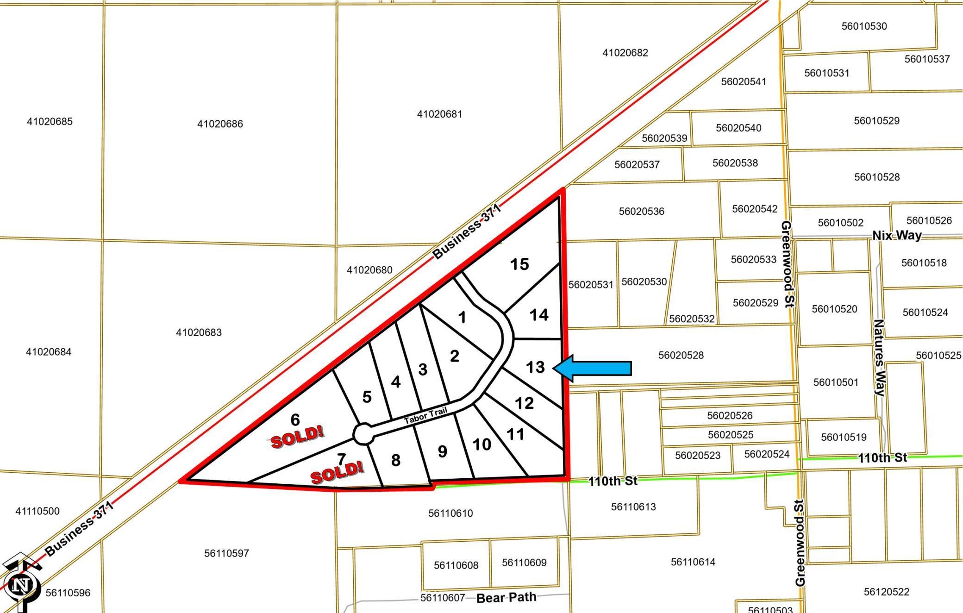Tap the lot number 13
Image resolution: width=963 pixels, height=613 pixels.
tap(535, 367)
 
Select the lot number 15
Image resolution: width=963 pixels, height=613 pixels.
tap(519, 264)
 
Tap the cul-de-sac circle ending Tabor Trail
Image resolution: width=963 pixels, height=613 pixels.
tap(363, 434)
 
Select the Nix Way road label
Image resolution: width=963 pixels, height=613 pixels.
tap(897, 235)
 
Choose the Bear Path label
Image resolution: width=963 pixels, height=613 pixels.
tap(506, 597)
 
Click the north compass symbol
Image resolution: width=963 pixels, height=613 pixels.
tap(20, 584)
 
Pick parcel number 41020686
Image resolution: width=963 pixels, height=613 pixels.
tap(220, 124)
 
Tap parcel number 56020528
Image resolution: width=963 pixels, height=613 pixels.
tap(681, 355)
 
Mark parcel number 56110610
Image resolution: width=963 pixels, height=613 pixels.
tap(450, 513)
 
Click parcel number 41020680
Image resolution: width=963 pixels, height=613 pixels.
tap(369, 270)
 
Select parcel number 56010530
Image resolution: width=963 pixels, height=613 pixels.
tap(864, 26)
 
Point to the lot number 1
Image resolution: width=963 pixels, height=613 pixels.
tap(462, 318)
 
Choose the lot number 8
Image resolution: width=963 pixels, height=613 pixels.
tap(395, 460)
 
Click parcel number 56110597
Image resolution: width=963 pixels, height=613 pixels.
tap(226, 553)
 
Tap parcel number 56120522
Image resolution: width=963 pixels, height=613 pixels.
tap(886, 592)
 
